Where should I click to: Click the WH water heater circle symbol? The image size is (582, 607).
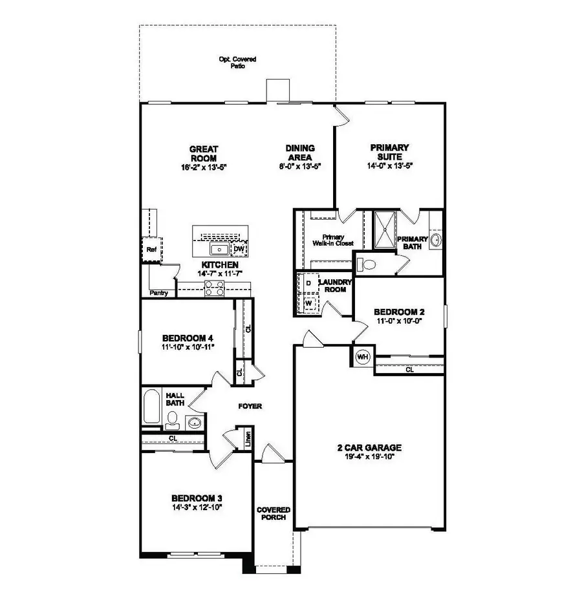362,356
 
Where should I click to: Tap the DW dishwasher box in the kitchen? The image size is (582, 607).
239,249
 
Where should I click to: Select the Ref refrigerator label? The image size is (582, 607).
151,249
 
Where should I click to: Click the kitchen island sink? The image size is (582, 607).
219,249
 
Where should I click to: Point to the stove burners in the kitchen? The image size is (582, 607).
214,290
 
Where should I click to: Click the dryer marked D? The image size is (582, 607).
308,283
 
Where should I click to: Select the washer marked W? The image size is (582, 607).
308,302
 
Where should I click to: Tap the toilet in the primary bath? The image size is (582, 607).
368,264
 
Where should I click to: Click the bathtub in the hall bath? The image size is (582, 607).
153,407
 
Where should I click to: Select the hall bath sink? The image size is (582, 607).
194,423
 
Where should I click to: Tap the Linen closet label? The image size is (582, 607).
247,439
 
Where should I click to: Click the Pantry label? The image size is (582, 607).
158,293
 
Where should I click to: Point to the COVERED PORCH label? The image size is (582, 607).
273,513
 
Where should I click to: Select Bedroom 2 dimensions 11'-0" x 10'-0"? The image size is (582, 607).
399,321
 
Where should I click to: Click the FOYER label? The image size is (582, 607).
249,406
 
